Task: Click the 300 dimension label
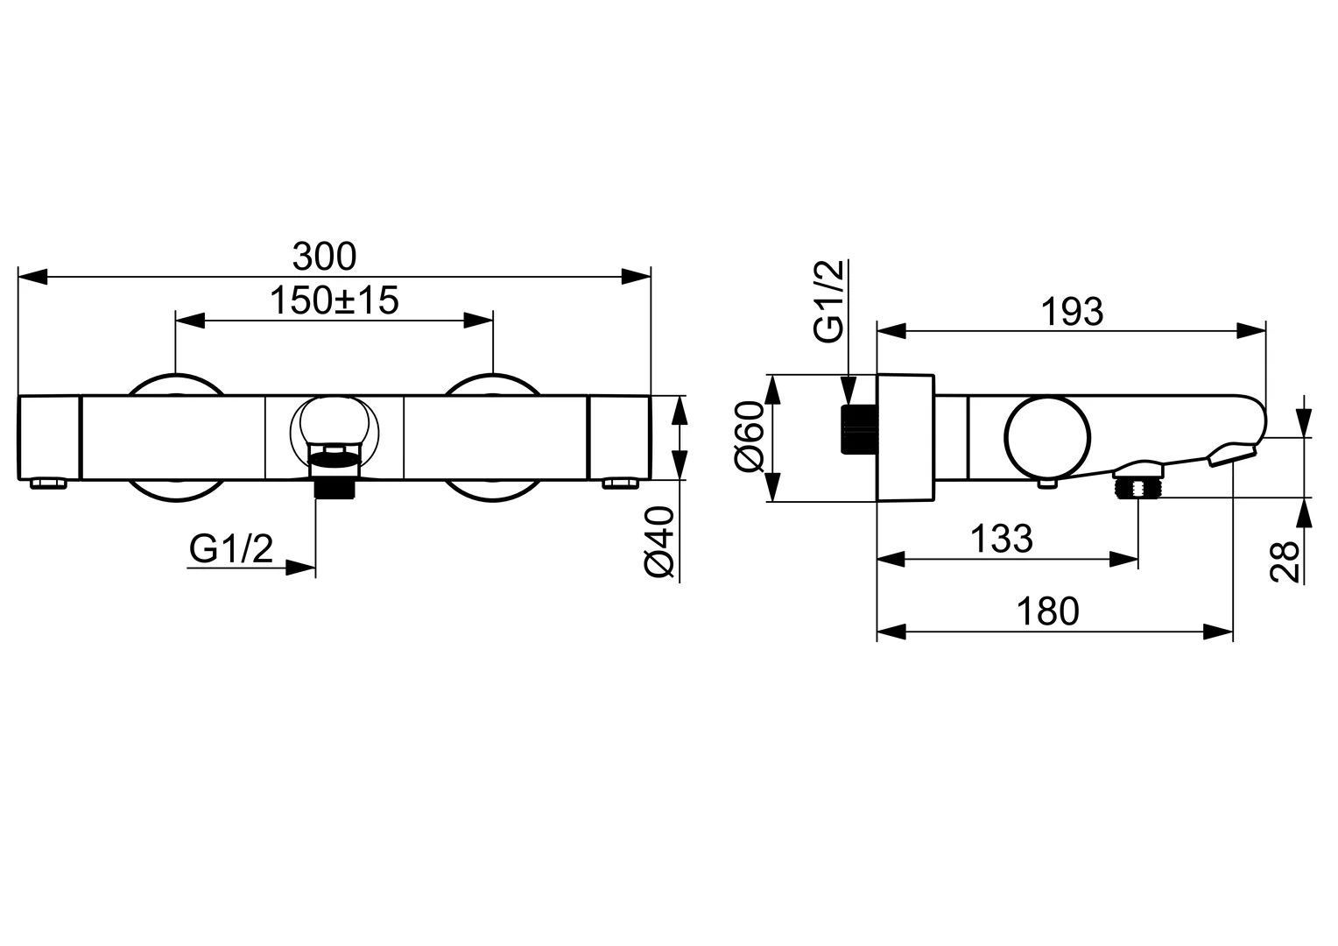324,257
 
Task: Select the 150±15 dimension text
334,300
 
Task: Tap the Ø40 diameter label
660,542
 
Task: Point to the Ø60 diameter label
751,436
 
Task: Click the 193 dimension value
1073,312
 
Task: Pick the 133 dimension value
1001,539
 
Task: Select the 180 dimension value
1047,611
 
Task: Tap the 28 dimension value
1285,561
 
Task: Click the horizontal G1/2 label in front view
231,549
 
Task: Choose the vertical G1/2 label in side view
828,300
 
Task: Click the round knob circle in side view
1048,438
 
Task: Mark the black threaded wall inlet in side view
858,429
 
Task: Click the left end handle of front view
49,437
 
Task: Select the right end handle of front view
621,437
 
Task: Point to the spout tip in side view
1233,454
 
